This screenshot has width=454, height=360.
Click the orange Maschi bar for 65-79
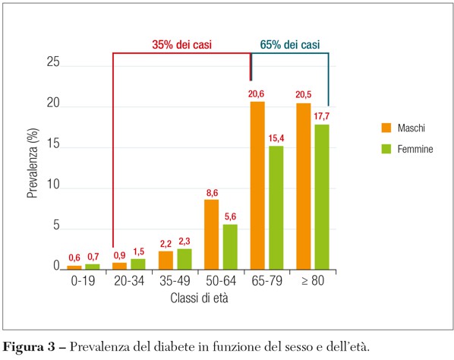pyautogui.click(x=257, y=185)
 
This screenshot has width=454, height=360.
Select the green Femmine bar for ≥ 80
pyautogui.click(x=322, y=197)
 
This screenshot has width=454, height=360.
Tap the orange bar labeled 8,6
pyautogui.click(x=211, y=234)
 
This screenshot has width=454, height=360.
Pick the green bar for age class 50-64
pyautogui.click(x=229, y=246)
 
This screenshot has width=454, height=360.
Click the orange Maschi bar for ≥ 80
pyautogui.click(x=303, y=185)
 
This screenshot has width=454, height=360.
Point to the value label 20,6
pyautogui.click(x=257, y=93)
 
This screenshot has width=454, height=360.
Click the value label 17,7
pyautogui.click(x=322, y=116)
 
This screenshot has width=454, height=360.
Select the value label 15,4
pyautogui.click(x=276, y=137)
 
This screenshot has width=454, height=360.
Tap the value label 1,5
pyautogui.click(x=137, y=251)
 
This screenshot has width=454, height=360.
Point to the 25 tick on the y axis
pyautogui.click(x=52, y=64)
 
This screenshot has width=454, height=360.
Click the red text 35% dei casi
pyautogui.click(x=181, y=45)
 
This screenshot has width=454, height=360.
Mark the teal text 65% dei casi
pyautogui.click(x=290, y=45)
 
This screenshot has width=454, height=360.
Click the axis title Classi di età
pyautogui.click(x=200, y=298)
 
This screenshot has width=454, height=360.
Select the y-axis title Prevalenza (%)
pyautogui.click(x=33, y=166)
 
